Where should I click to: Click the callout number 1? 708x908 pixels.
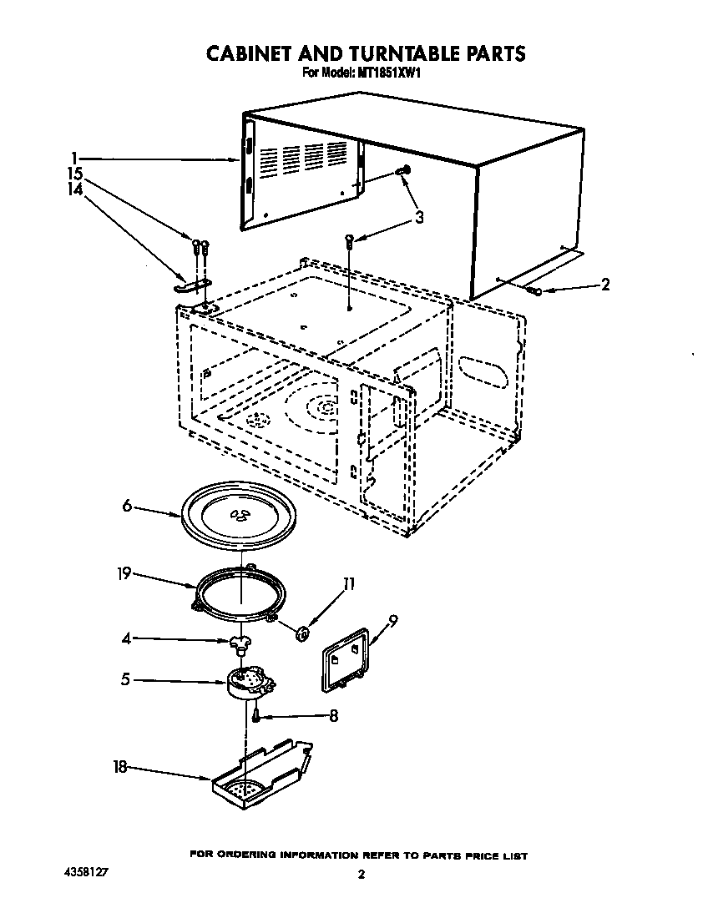(74, 157)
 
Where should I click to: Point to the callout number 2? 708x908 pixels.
(604, 285)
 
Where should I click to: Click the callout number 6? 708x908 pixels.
(127, 506)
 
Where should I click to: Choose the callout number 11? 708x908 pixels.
(348, 585)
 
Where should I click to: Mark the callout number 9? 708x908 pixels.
(393, 619)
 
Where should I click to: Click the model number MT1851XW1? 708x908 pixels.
(388, 73)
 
